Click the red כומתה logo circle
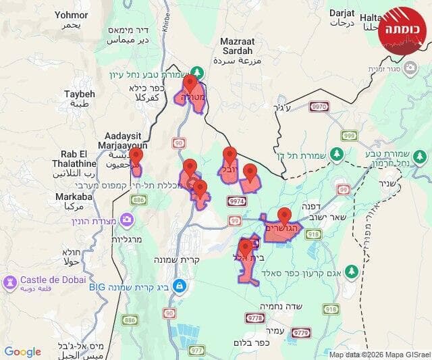point(403,31)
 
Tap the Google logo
point(22,352)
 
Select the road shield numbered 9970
point(319,106)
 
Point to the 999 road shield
point(348,136)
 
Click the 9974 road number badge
point(237,201)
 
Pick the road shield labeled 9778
point(255,317)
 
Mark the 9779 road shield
point(301,332)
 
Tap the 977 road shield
point(196,350)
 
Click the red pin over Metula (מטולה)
point(190,84)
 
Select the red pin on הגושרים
point(285,215)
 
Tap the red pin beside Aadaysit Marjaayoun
point(136,157)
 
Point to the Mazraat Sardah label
point(236,46)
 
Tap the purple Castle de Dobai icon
point(10,280)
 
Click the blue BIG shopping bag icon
point(178,286)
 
